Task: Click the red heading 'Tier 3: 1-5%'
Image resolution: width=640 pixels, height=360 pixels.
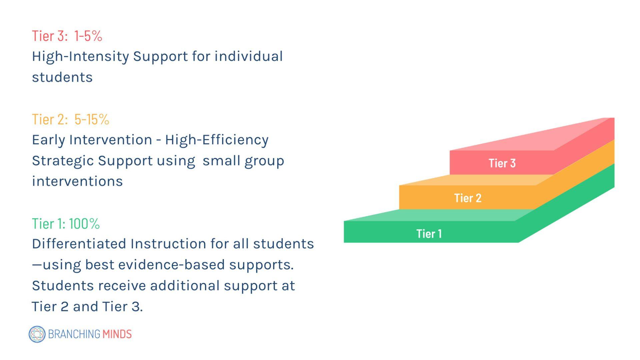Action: tap(67, 36)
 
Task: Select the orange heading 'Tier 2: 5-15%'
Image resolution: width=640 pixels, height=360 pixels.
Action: tap(71, 119)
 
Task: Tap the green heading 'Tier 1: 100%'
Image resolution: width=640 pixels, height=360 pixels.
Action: tap(66, 224)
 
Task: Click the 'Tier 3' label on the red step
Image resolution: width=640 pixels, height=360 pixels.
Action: tap(502, 163)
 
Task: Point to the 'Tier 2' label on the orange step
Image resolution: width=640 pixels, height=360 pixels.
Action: tap(468, 198)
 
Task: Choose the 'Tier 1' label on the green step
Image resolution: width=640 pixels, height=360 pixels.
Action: tap(429, 234)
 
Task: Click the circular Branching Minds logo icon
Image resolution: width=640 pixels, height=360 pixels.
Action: tap(37, 334)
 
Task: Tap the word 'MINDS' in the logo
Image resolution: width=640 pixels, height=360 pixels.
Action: tap(117, 334)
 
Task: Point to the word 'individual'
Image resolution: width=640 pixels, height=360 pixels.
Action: tap(249, 56)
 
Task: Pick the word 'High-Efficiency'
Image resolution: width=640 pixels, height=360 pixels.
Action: tap(217, 140)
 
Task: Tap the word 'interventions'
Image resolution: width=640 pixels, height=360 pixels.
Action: tap(77, 181)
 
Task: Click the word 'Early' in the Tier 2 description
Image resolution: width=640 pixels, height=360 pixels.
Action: tap(48, 140)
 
